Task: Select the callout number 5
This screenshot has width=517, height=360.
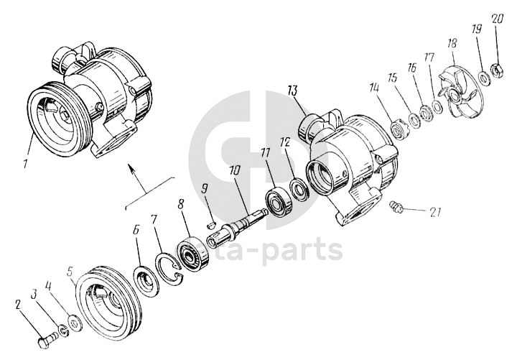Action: [x=70, y=272]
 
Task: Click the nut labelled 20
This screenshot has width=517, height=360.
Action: [x=495, y=70]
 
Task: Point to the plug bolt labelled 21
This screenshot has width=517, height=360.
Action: [x=393, y=207]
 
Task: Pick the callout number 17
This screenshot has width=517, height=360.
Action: [x=429, y=56]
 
